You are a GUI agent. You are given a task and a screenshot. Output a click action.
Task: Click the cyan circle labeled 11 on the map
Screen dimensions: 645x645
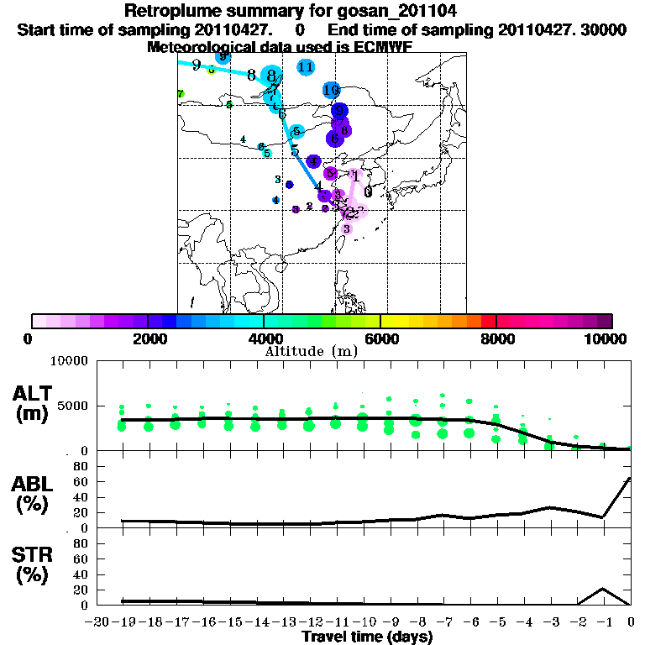[x=306, y=67]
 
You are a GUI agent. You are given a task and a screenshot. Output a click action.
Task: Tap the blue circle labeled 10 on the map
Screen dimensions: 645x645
[x=331, y=90]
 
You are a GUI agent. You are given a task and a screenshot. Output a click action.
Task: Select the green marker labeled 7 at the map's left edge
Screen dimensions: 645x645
[x=181, y=94]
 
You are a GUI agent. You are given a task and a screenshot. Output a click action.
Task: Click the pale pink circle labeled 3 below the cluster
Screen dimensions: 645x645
[x=347, y=228]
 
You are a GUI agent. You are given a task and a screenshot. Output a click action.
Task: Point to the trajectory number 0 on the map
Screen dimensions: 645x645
[x=368, y=191]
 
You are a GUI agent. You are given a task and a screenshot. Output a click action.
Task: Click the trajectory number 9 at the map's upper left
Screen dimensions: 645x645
[x=196, y=65]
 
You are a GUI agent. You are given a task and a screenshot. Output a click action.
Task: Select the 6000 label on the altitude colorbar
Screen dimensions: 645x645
[x=380, y=338]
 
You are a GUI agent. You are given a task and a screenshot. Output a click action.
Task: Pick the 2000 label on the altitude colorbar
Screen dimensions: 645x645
[x=148, y=338]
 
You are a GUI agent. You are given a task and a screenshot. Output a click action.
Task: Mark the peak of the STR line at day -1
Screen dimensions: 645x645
[x=603, y=589]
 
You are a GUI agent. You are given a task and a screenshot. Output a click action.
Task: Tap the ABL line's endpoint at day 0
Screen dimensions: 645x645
[x=630, y=479]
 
